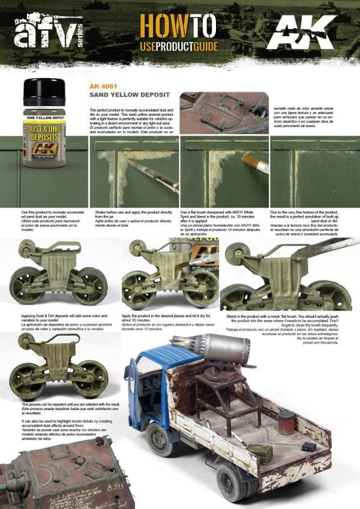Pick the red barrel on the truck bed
(x=287, y=422)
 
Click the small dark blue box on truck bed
(x=308, y=446)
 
